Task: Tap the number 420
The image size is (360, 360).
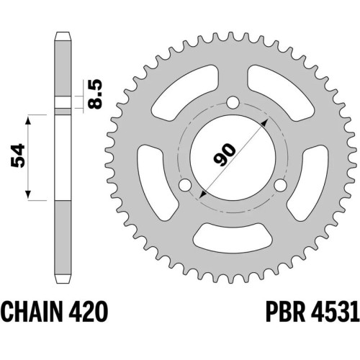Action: [x=86, y=311]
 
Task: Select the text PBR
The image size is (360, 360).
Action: [x=286, y=311]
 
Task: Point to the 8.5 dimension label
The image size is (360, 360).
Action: [x=95, y=94]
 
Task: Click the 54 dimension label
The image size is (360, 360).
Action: [x=18, y=156]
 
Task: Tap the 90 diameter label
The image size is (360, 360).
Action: [x=225, y=156]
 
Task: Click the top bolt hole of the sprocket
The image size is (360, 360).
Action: [x=233, y=102]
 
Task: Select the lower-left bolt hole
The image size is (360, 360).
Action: [x=186, y=185]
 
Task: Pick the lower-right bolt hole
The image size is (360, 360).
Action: [x=280, y=185]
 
